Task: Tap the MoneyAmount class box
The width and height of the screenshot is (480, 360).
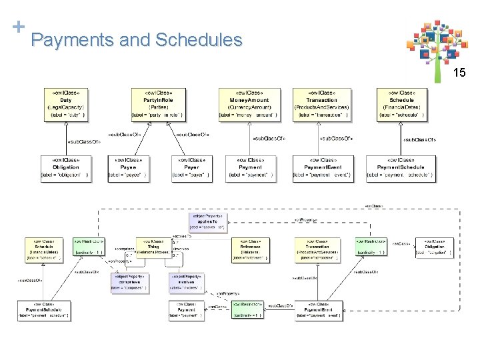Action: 249,105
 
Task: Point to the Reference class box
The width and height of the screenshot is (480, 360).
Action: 251,251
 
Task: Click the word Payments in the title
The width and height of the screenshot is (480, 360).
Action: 71,40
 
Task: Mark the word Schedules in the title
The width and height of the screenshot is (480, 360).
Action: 198,40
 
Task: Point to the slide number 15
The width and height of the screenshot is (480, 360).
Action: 459,73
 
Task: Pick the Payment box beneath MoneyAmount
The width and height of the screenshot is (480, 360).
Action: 249,169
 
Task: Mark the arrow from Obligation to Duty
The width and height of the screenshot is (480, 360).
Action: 67,139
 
